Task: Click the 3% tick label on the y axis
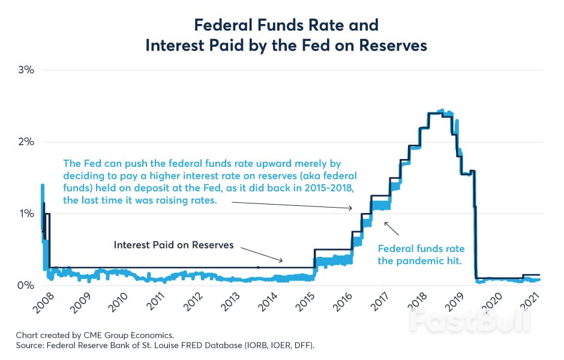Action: coord(26,70)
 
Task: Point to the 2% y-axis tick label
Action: coord(26,142)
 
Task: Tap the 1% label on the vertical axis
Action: coord(26,214)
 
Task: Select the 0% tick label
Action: coord(26,286)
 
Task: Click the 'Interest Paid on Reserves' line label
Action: coord(173,245)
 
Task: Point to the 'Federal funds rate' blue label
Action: coord(421,248)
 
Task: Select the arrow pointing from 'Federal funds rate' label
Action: coord(391,228)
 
